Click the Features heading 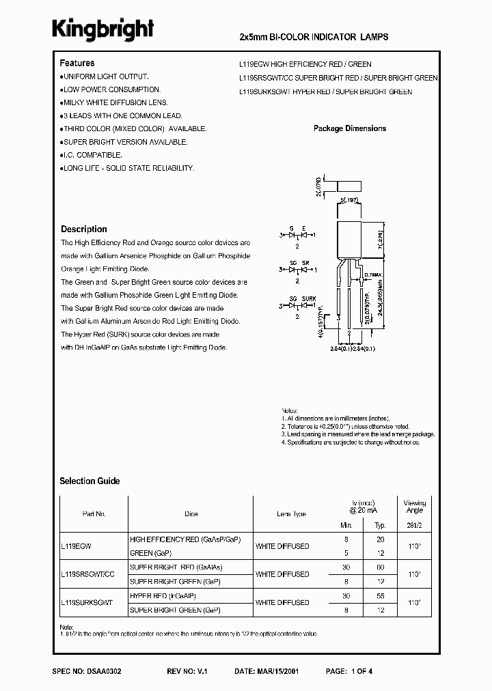(77, 63)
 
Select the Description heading (84, 229)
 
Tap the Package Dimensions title (350, 128)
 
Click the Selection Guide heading (90, 481)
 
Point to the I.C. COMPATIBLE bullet (94, 155)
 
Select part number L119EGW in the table (77, 546)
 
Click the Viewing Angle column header (414, 507)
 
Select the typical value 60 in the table (380, 567)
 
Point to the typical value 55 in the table (380, 595)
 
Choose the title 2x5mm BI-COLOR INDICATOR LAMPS (314, 36)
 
